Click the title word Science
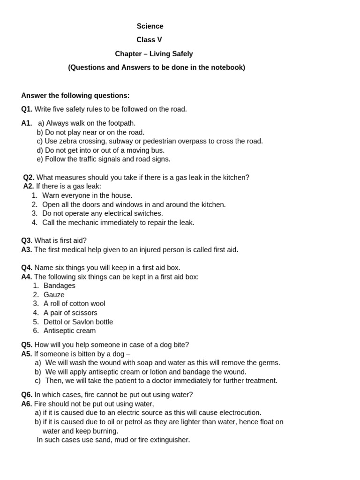[x=150, y=26]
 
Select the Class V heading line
[x=149, y=40]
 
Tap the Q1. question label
[x=27, y=109]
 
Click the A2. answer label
[x=29, y=186]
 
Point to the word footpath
[x=119, y=123]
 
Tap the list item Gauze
[x=54, y=295]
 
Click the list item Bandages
[x=59, y=285]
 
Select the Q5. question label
[x=27, y=345]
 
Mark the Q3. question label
[x=27, y=240]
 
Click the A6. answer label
[x=27, y=404]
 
